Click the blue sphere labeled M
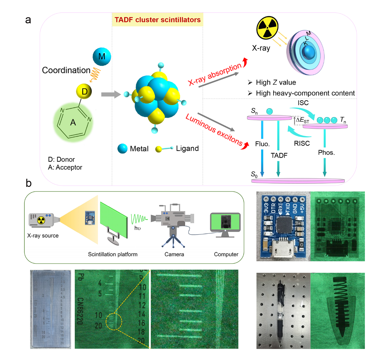[x=102, y=57]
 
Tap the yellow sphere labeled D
[x=84, y=91]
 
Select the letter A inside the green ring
[x=73, y=123]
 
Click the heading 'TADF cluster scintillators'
[x=158, y=20]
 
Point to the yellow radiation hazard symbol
[x=267, y=28]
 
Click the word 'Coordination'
[x=66, y=70]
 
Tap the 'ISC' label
[x=303, y=103]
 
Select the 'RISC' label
[x=302, y=143]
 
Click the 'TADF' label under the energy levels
[x=279, y=155]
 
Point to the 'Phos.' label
[x=326, y=152]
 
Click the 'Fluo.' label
[x=262, y=144]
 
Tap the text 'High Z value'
[x=276, y=83]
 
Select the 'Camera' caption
[x=174, y=254]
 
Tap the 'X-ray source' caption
[x=43, y=236]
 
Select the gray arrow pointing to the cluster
[x=110, y=95]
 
